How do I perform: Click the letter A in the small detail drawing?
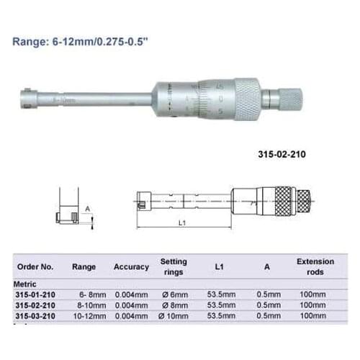88,208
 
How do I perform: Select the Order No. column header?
35,266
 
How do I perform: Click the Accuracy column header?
131,266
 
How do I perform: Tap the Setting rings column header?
173,266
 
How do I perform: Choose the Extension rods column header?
315,266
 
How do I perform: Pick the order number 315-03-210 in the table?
35,315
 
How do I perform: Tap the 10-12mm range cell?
85,315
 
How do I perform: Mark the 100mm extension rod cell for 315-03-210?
315,315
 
